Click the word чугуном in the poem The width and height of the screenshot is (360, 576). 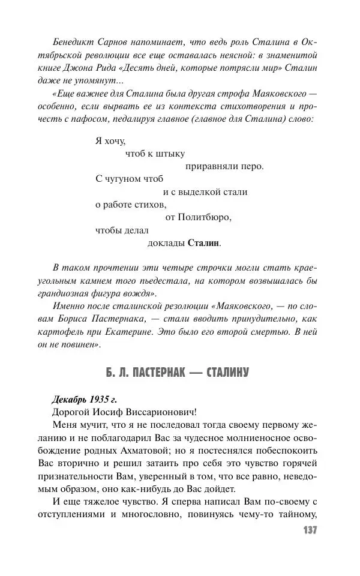pos(128,179)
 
